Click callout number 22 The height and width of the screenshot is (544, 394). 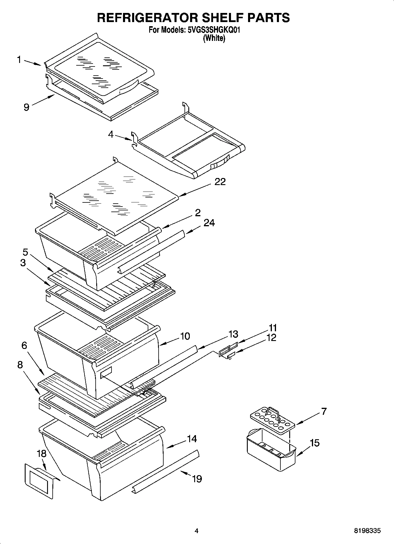(220, 182)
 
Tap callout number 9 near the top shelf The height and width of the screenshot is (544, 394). (26, 107)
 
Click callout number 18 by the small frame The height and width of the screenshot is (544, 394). (41, 453)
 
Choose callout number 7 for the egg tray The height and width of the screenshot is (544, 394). (324, 411)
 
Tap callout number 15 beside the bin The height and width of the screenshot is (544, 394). (315, 443)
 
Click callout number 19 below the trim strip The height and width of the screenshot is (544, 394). (197, 479)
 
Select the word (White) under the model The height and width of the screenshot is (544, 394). (214, 38)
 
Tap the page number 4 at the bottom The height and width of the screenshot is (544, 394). (197, 531)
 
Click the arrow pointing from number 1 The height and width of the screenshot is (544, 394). (32, 63)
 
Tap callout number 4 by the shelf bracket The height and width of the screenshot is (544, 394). (111, 134)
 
